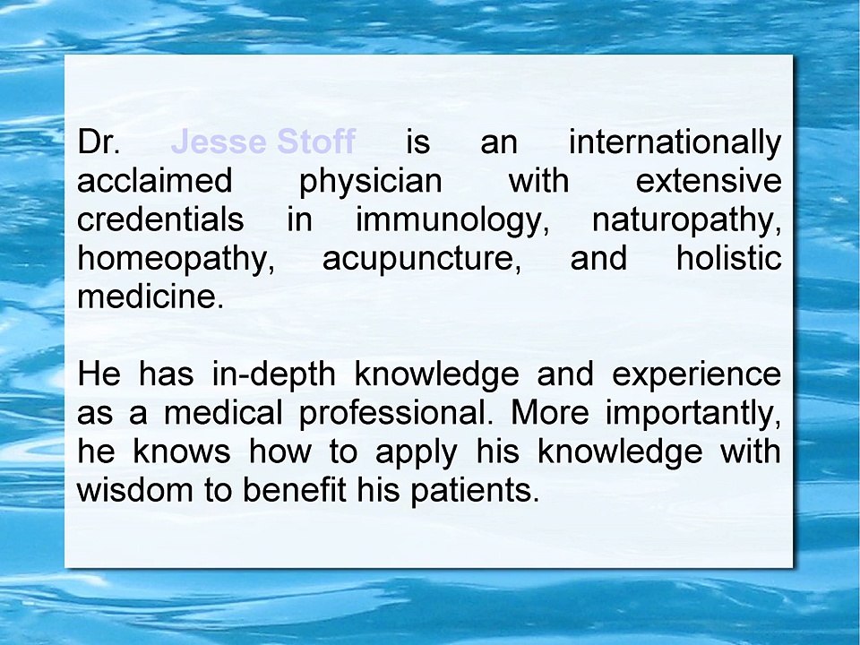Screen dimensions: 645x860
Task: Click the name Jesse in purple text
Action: coord(218,142)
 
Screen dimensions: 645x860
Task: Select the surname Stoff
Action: coord(316,142)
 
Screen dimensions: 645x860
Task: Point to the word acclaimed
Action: coord(154,181)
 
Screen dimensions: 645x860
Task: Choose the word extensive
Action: coord(708,181)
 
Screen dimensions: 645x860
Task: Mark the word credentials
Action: coord(160,219)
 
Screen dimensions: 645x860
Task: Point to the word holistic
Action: coord(728,259)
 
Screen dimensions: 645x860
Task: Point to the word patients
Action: coord(476,491)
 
